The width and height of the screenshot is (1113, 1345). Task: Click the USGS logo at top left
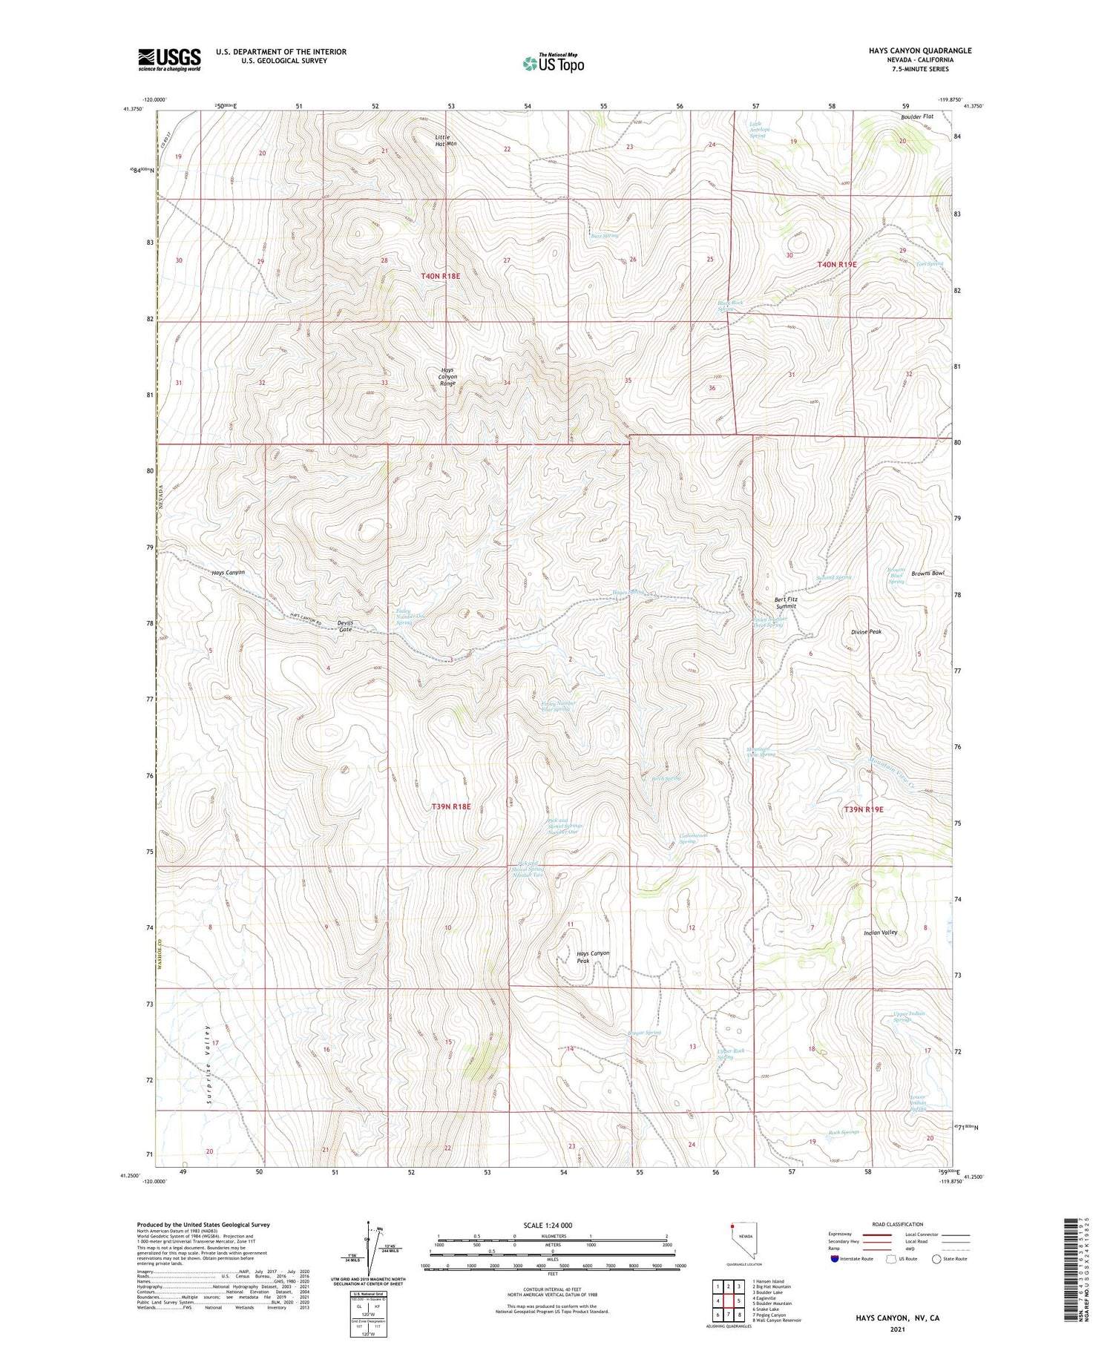pyautogui.click(x=169, y=59)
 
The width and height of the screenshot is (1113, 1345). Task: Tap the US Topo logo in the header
pyautogui.click(x=553, y=64)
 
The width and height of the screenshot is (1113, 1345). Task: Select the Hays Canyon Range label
pyautogui.click(x=447, y=376)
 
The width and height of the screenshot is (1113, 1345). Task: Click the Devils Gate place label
pyautogui.click(x=346, y=625)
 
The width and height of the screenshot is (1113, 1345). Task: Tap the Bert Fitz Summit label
pyautogui.click(x=785, y=602)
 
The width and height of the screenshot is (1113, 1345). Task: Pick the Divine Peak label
pyautogui.click(x=866, y=631)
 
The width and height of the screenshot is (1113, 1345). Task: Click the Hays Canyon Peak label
pyautogui.click(x=593, y=956)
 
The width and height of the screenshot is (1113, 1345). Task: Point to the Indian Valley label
pyautogui.click(x=880, y=933)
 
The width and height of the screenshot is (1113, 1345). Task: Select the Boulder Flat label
pyautogui.click(x=917, y=116)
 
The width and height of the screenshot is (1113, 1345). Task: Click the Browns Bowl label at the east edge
pyautogui.click(x=927, y=573)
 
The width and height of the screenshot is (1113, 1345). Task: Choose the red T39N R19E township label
pyautogui.click(x=863, y=809)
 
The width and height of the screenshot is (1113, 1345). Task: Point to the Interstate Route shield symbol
pyautogui.click(x=835, y=1259)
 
